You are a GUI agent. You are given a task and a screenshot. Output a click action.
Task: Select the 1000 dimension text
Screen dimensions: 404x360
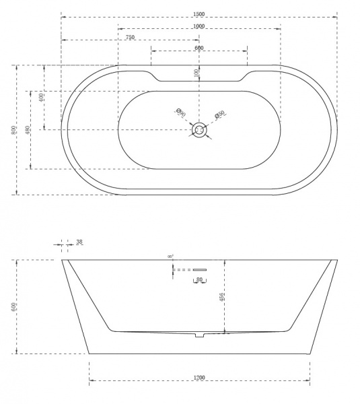tap(199, 26)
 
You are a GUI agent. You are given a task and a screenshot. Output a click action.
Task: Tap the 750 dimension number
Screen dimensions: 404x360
tap(130, 38)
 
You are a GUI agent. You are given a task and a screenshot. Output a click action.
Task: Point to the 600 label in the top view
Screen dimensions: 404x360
tap(199, 48)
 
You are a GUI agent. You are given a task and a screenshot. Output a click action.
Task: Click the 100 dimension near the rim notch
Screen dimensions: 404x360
tap(196, 73)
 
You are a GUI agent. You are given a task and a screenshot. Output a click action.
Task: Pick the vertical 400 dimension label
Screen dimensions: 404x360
tap(41, 97)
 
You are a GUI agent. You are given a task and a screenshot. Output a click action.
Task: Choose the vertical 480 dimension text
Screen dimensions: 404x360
tap(27, 129)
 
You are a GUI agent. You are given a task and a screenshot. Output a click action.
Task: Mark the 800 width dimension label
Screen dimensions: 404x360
tap(13, 130)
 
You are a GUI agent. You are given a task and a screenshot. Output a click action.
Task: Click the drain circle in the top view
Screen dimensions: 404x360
tap(199, 130)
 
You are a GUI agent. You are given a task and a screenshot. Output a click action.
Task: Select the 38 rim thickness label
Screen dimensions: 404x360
tap(79, 242)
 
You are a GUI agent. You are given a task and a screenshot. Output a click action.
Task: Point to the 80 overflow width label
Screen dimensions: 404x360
tap(199, 279)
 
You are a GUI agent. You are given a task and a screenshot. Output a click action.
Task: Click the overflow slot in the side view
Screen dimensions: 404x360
tap(199, 270)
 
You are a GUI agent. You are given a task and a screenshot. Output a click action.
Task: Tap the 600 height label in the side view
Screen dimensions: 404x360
tap(13, 306)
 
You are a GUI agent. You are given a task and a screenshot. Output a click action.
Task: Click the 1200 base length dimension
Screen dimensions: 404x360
tap(199, 378)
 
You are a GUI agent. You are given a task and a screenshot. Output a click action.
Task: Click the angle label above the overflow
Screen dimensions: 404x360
tap(170, 257)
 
